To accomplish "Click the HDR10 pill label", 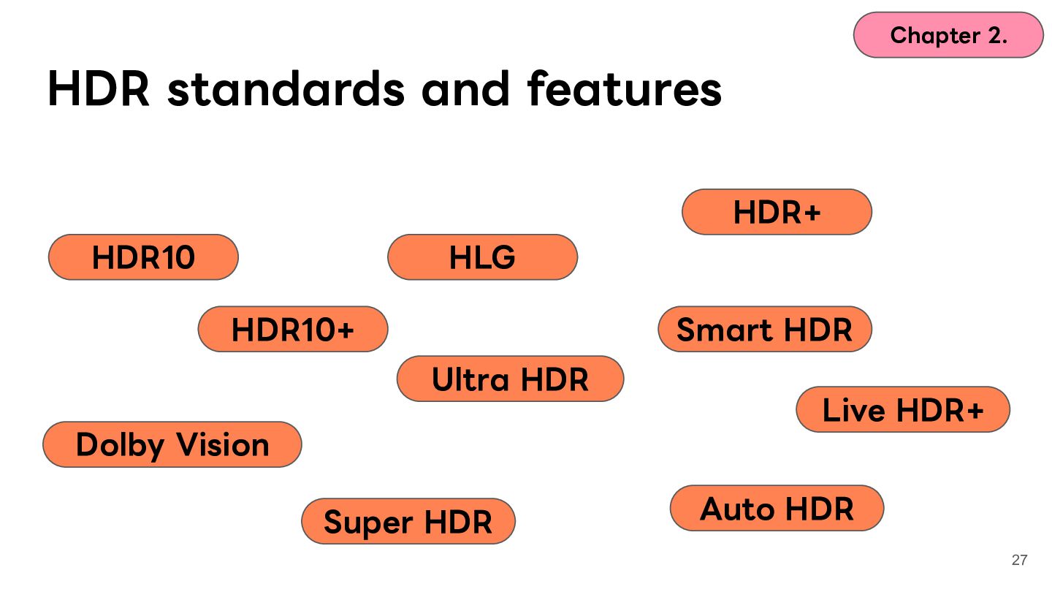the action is pyautogui.click(x=143, y=257).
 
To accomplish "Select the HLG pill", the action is pyautogui.click(x=482, y=257).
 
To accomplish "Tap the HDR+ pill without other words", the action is pyautogui.click(x=777, y=212).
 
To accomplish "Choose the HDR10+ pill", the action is pyautogui.click(x=293, y=329).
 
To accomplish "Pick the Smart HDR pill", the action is pyautogui.click(x=765, y=329).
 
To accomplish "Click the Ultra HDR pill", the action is pyautogui.click(x=511, y=379).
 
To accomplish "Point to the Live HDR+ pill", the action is pyautogui.click(x=903, y=409).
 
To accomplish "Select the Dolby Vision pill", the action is pyautogui.click(x=172, y=444).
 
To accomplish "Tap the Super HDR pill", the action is pyautogui.click(x=408, y=522).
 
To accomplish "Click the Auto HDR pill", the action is pyautogui.click(x=777, y=509).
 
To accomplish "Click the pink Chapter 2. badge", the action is pyautogui.click(x=949, y=35).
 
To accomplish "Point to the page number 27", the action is pyautogui.click(x=1020, y=560).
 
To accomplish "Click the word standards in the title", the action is pyautogui.click(x=286, y=88).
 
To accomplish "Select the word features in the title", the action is pyautogui.click(x=625, y=88).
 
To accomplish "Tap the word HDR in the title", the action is pyautogui.click(x=99, y=88).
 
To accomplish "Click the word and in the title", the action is pyautogui.click(x=465, y=88).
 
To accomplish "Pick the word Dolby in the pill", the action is pyautogui.click(x=120, y=445).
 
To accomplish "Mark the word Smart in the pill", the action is pyautogui.click(x=725, y=330).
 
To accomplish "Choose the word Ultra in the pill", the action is pyautogui.click(x=470, y=379).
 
